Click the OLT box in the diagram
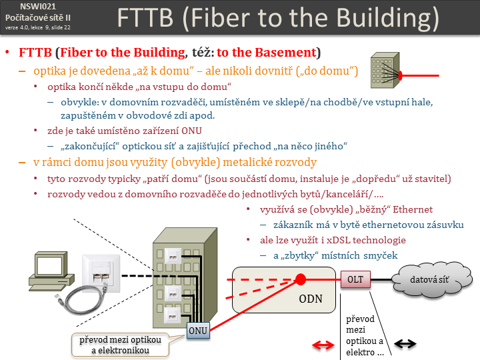click(355, 279)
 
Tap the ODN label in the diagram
click(311, 298)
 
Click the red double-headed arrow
click(324, 345)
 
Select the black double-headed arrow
click(405, 344)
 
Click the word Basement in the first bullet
click(287, 52)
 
